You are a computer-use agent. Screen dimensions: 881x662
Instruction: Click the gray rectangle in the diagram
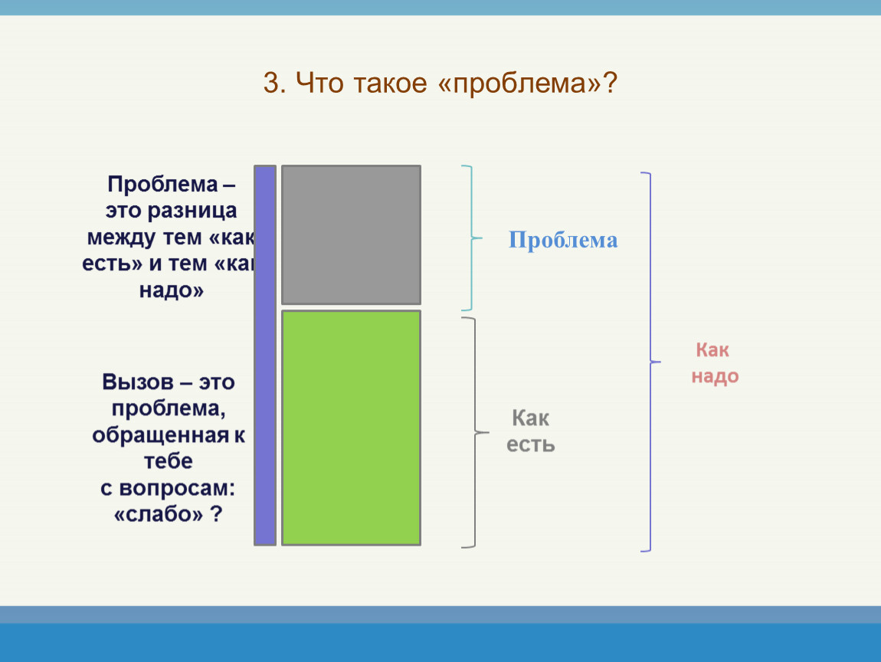351,235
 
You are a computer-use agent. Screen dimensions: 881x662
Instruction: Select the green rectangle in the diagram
351,428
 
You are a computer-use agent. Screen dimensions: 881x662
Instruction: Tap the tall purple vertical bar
265,356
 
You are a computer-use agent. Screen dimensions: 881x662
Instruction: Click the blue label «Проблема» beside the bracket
563,240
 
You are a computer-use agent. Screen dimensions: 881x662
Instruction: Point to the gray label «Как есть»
530,431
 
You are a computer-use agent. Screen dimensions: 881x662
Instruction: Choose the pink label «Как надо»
715,363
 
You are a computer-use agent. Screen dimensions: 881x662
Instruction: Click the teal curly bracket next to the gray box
471,238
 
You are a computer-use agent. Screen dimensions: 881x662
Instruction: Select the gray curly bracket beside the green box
475,433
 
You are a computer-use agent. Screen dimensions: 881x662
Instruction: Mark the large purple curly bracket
650,362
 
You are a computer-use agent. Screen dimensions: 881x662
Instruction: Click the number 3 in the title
273,84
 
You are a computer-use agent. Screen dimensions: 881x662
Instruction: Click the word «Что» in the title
319,84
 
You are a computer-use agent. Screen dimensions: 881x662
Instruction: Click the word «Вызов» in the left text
138,382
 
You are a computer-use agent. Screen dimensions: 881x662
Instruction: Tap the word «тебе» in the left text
169,461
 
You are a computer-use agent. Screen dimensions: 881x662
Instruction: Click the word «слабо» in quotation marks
158,514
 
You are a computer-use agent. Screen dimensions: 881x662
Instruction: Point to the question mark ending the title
610,84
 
